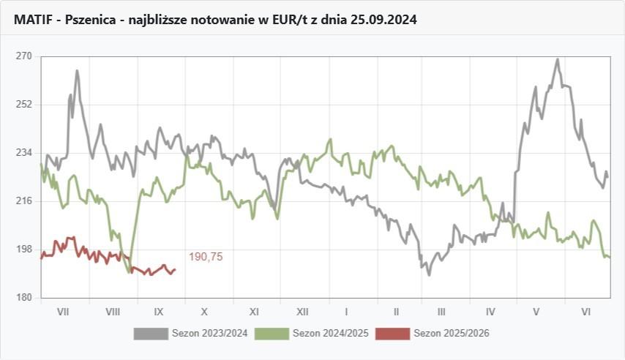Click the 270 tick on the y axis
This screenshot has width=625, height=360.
coord(23,56)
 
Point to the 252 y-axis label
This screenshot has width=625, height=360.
coord(23,105)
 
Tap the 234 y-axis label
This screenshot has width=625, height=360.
coord(23,153)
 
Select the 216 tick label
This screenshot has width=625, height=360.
coord(23,201)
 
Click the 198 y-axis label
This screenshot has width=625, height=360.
coord(23,250)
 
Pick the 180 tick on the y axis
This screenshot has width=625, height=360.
coord(23,298)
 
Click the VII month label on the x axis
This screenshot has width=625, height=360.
coord(63,312)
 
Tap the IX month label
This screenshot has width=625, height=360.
coord(162,312)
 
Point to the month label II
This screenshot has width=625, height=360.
coord(395,312)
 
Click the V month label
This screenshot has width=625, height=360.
coord(536,312)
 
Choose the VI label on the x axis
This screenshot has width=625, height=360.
coord(585,312)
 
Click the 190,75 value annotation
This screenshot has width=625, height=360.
coord(206,257)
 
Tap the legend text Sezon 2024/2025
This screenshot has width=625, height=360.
coord(330,334)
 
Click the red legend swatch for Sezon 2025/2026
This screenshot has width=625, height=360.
coord(393,334)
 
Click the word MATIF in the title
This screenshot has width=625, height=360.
coord(33,20)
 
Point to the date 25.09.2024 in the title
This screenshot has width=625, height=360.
coord(383,20)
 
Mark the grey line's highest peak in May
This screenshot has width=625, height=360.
coord(558,60)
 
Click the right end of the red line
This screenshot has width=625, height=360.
coord(175,269)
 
